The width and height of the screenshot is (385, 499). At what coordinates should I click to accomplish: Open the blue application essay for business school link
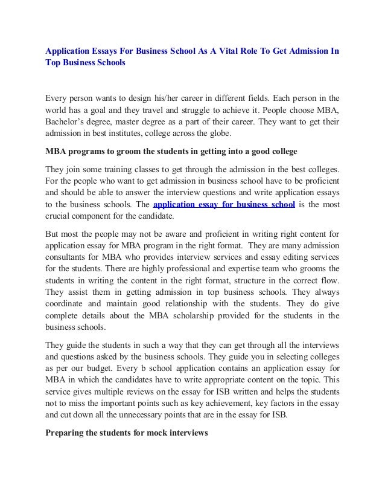pyautogui.click(x=224, y=205)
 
